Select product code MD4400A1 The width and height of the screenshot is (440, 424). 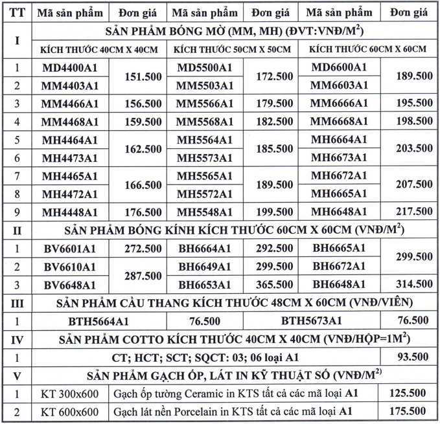click(69, 67)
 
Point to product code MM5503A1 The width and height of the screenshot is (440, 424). click(205, 85)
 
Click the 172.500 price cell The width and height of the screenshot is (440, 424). click(275, 76)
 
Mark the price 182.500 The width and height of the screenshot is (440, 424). click(275, 122)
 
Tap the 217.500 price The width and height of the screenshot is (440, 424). click(413, 212)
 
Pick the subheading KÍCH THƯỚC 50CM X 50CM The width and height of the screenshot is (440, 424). click(228, 50)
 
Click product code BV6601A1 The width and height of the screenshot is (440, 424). click(69, 249)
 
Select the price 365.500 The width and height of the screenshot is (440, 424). click(275, 285)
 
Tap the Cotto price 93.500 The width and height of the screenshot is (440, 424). click(413, 357)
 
